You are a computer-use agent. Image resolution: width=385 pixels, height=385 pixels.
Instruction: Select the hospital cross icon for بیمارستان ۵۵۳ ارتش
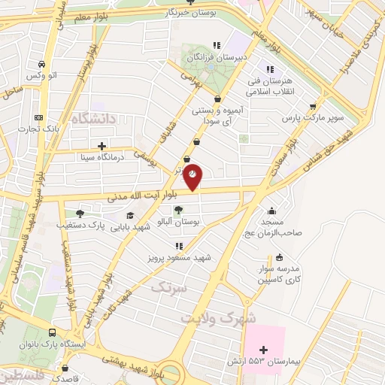[262, 350]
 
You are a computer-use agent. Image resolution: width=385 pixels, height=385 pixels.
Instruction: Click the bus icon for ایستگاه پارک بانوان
[52, 332]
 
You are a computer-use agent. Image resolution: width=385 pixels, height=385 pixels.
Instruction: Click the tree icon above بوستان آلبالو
[178, 211]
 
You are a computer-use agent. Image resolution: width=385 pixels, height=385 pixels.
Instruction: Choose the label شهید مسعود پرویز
[180, 258]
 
